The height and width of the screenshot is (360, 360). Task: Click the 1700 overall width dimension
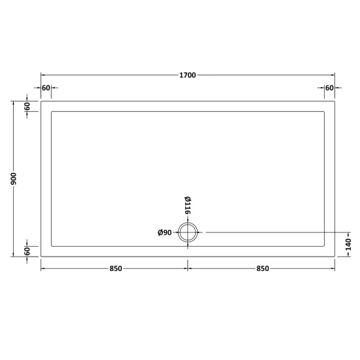[188, 75]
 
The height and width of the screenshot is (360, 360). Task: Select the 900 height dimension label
[14, 179]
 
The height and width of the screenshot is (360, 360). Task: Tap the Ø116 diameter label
[188, 206]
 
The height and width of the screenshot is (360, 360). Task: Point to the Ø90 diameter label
[164, 232]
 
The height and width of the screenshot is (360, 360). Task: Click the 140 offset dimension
[348, 245]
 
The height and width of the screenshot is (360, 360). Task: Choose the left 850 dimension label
[116, 268]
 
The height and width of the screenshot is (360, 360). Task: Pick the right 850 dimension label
[262, 268]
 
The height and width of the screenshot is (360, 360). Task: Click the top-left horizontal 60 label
[46, 88]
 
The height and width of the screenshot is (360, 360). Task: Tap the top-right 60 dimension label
[329, 88]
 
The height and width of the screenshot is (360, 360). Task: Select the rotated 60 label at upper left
[27, 106]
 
